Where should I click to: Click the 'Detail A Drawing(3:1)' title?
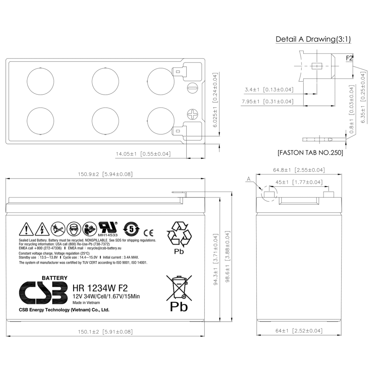[x=313, y=39]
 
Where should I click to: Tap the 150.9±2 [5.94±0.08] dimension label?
[x=105, y=174]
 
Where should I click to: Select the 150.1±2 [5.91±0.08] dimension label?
[x=105, y=332]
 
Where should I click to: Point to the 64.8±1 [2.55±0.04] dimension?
[x=299, y=170]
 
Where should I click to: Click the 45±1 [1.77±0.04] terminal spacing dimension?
[x=299, y=182]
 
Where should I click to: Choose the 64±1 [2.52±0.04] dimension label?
[x=299, y=331]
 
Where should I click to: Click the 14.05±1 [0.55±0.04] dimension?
[x=143, y=154]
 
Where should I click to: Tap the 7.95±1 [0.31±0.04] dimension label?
[x=267, y=102]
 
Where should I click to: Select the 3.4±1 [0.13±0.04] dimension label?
[x=269, y=90]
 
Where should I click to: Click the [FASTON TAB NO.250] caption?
[x=310, y=153]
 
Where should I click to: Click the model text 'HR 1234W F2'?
[x=100, y=288]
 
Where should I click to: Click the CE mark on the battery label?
[x=148, y=233]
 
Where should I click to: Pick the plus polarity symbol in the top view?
[x=193, y=114]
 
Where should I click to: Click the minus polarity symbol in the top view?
[x=192, y=88]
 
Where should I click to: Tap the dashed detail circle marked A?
[x=269, y=194]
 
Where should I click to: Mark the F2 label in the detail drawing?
[x=349, y=58]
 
